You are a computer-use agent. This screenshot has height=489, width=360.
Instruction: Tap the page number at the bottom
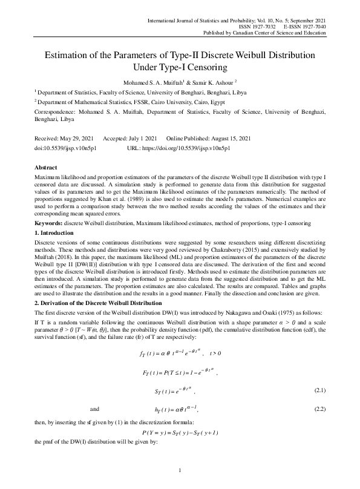(180, 470)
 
